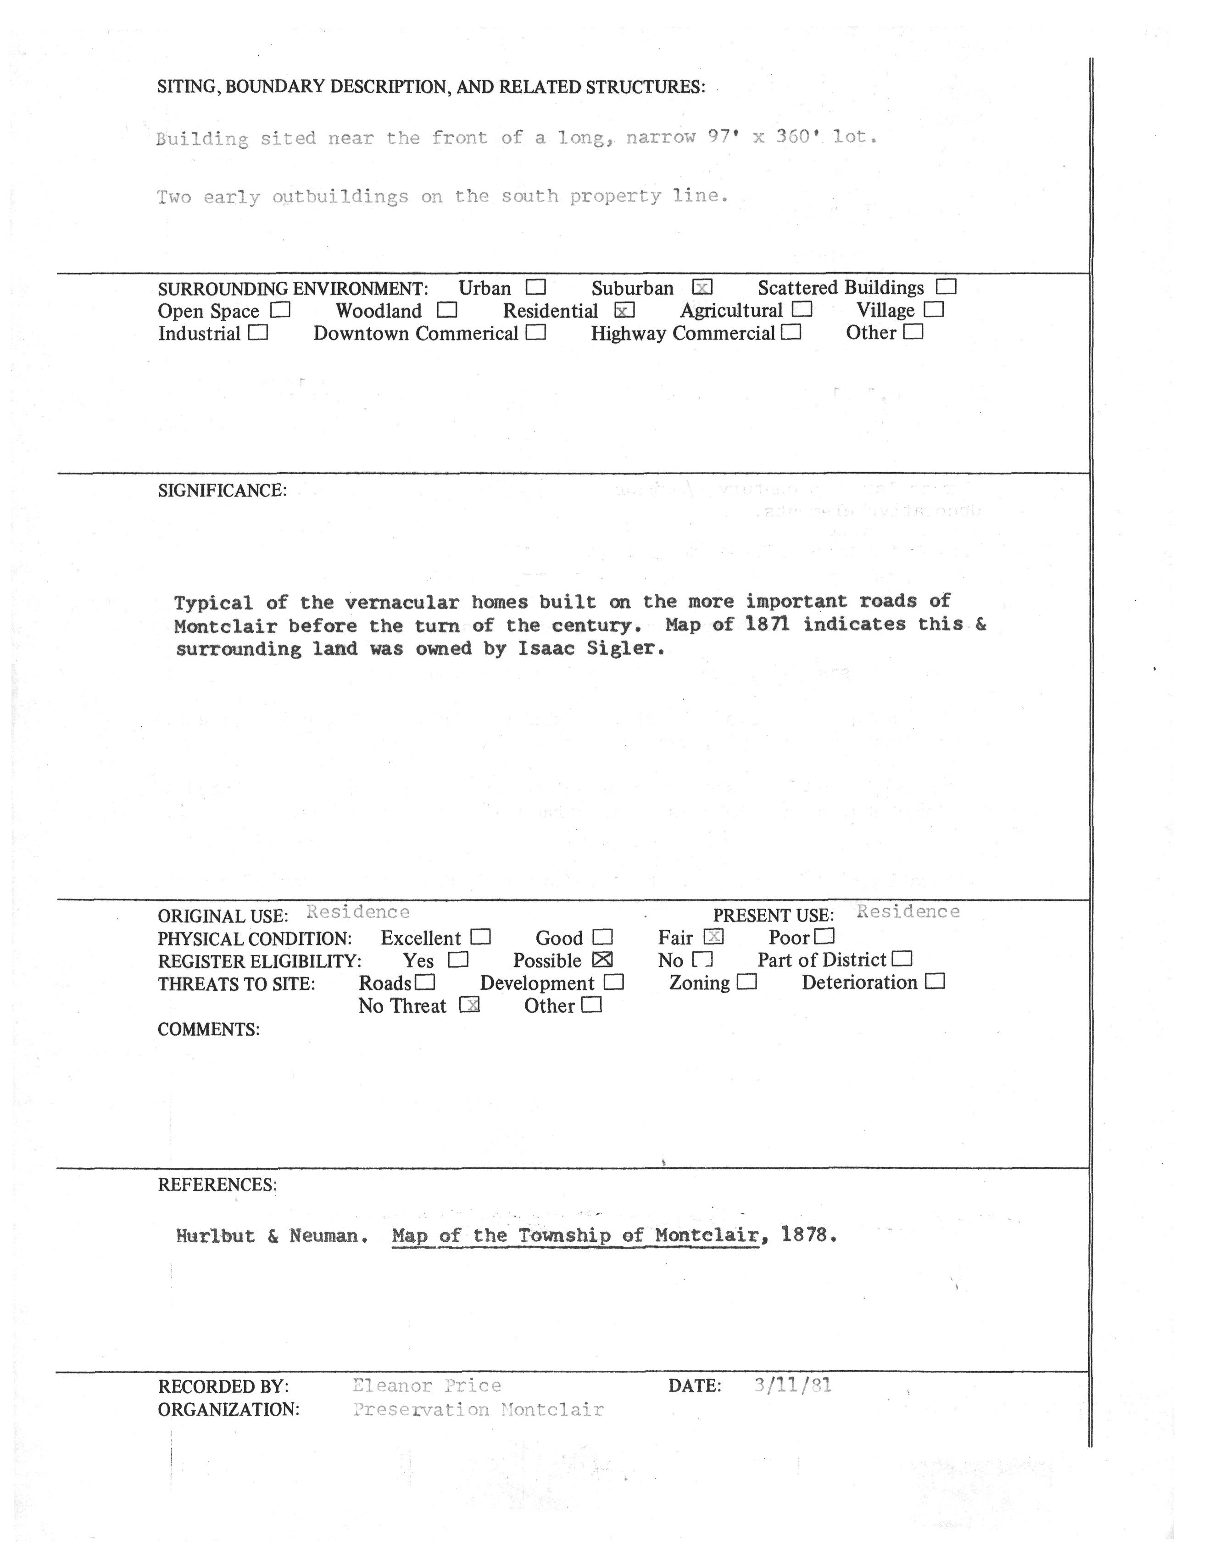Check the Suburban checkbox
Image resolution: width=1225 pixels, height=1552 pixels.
(702, 288)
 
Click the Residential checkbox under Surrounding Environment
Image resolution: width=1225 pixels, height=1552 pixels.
(625, 311)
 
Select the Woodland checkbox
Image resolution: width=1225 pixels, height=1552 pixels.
(447, 311)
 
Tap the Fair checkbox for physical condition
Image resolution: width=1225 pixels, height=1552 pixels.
(713, 937)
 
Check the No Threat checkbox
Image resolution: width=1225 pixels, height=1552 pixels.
(469, 1005)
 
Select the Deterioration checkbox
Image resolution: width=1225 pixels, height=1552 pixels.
(935, 982)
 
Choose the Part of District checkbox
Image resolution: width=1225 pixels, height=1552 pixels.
(902, 959)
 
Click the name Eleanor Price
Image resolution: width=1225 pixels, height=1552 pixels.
(426, 1385)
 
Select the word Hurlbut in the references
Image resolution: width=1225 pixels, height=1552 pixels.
(215, 1236)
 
